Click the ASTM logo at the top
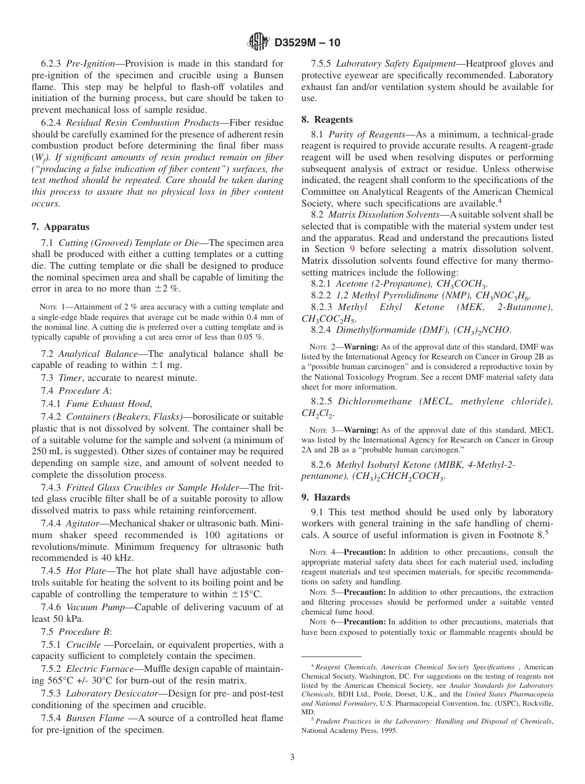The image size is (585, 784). pyautogui.click(x=258, y=42)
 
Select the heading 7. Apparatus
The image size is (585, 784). pyautogui.click(x=60, y=227)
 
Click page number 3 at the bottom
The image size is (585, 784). pyautogui.click(x=292, y=757)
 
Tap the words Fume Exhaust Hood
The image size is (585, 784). pyautogui.click(x=112, y=403)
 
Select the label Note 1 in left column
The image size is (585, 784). pyautogui.click(x=51, y=307)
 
